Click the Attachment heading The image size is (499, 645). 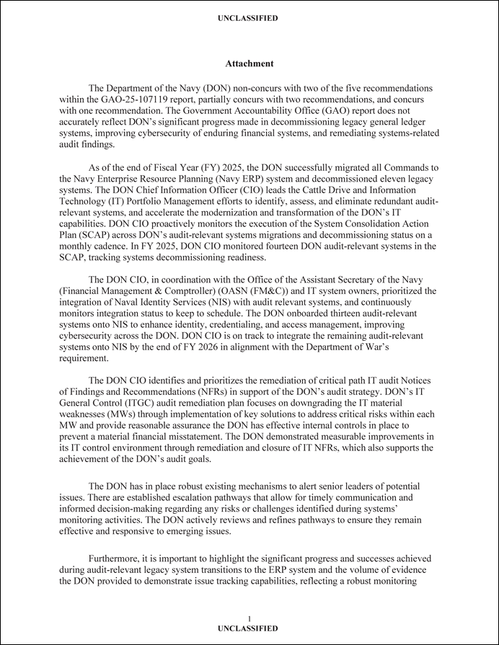[x=249, y=64]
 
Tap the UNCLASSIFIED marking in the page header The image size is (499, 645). [x=249, y=18]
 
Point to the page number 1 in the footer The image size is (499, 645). [x=249, y=619]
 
